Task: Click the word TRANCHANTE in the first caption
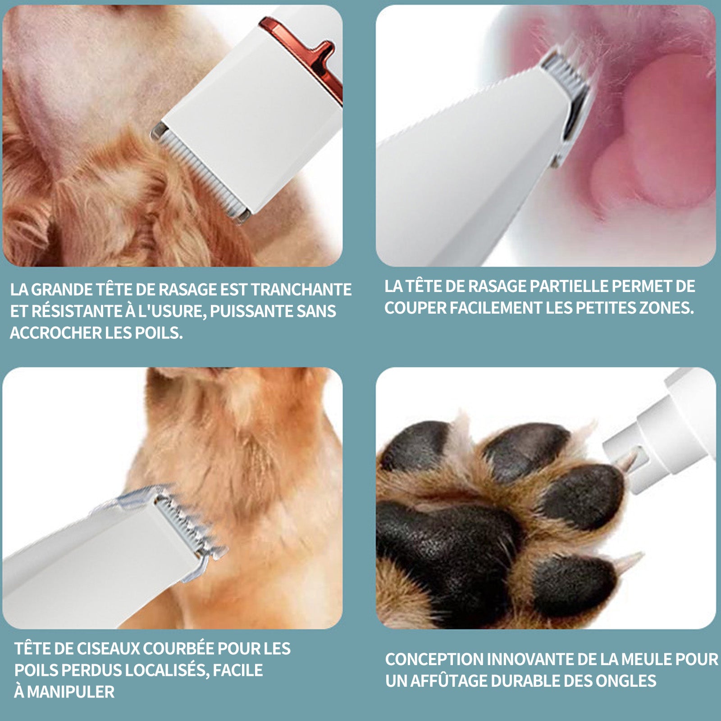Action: point(301,289)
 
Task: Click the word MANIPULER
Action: point(71,692)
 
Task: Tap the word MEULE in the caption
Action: point(646,659)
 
